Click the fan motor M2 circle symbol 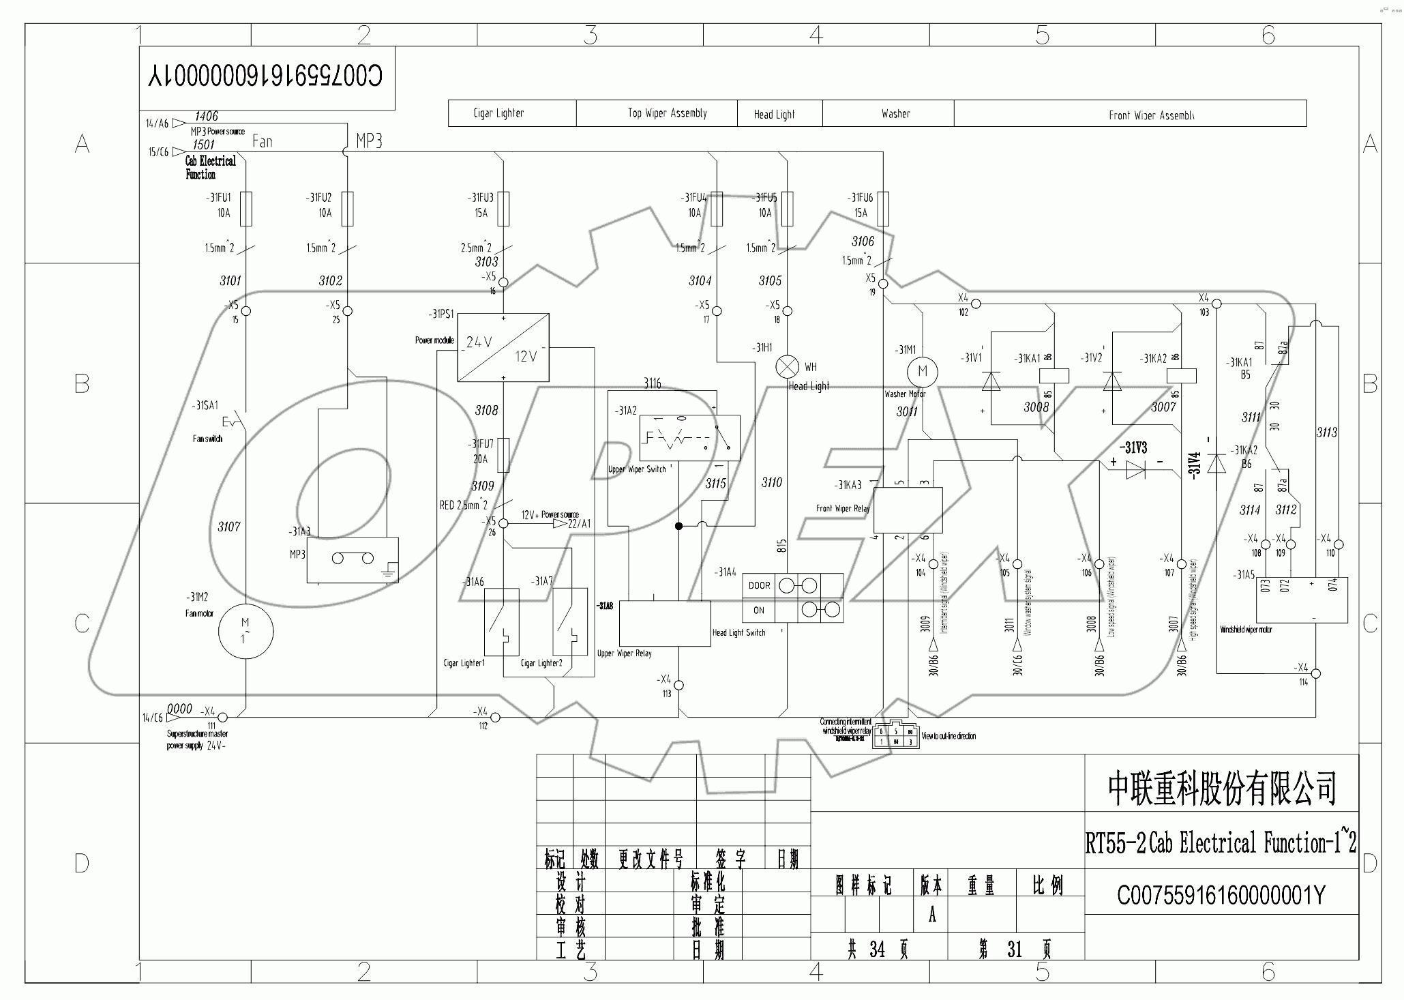pyautogui.click(x=245, y=631)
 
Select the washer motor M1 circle pyautogui.click(x=923, y=371)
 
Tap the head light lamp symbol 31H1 pyautogui.click(x=788, y=366)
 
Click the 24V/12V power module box pyautogui.click(x=503, y=347)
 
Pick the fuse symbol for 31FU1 pyautogui.click(x=246, y=208)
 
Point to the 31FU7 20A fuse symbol pyautogui.click(x=503, y=455)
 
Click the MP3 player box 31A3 pyautogui.click(x=352, y=560)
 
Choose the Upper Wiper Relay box pyautogui.click(x=664, y=623)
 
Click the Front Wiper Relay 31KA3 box pyautogui.click(x=908, y=510)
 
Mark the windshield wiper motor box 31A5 pyautogui.click(x=1302, y=600)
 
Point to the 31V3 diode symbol pyautogui.click(x=1136, y=469)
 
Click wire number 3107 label pyautogui.click(x=229, y=527)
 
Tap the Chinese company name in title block pyautogui.click(x=1221, y=787)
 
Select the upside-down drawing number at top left pyautogui.click(x=266, y=76)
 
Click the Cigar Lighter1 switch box pyautogui.click(x=501, y=621)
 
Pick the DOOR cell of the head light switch pyautogui.click(x=759, y=585)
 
